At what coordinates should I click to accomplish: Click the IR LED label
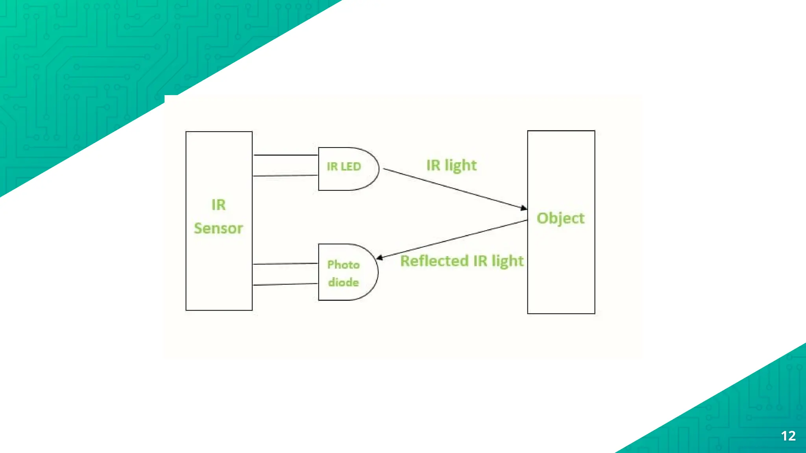click(344, 166)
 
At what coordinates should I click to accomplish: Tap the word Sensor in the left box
click(218, 228)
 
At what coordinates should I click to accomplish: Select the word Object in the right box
click(560, 218)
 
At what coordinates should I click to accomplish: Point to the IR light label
click(451, 166)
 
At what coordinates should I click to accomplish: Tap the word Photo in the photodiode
click(343, 265)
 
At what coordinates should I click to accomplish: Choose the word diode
click(343, 282)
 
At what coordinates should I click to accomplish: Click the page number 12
click(788, 436)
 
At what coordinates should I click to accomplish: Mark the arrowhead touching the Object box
click(524, 208)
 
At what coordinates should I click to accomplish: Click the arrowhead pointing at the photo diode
click(380, 258)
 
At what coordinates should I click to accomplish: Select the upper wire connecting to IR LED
click(286, 155)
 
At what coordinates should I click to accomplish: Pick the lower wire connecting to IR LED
click(286, 175)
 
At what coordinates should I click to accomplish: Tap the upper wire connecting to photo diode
click(286, 263)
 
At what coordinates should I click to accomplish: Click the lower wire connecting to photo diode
click(286, 284)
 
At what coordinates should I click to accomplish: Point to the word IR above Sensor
click(218, 205)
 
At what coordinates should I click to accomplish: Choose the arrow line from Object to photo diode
click(453, 239)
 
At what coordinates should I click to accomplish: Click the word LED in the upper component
click(351, 166)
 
